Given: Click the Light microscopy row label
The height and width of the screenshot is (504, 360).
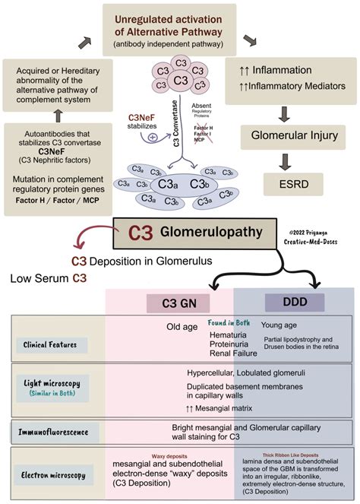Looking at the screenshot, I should coord(53,385).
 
